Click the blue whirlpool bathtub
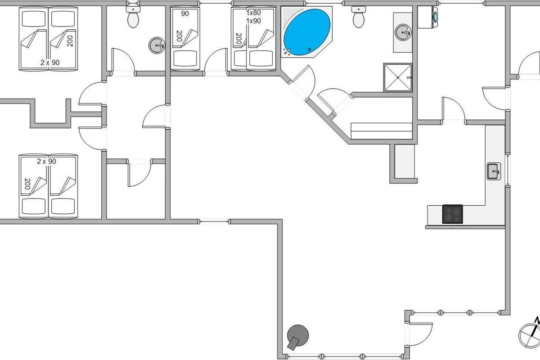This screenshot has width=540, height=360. pyautogui.click(x=306, y=32)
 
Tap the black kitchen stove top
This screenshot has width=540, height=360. pyautogui.click(x=453, y=214)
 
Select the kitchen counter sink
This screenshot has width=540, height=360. pyautogui.click(x=494, y=171)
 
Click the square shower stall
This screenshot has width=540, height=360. pyautogui.click(x=397, y=77)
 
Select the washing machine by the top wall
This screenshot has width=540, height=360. pyautogui.click(x=427, y=17)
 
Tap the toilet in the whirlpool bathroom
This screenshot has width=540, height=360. pyautogui.click(x=359, y=17)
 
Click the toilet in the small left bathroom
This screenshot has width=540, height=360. pyautogui.click(x=133, y=17)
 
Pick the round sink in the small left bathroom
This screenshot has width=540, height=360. pyautogui.click(x=157, y=45)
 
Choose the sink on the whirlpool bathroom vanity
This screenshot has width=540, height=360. pyautogui.click(x=403, y=32)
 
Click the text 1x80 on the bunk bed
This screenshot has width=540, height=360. pyautogui.click(x=254, y=13)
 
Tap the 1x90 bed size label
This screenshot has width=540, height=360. pyautogui.click(x=254, y=21)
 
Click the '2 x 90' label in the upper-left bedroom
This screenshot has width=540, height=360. pyautogui.click(x=50, y=63)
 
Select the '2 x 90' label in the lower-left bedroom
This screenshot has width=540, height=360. pyautogui.click(x=46, y=161)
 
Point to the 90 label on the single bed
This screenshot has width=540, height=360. pyautogui.click(x=185, y=13)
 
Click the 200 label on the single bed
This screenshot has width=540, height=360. pyautogui.click(x=179, y=36)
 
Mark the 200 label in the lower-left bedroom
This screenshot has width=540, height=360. pyautogui.click(x=27, y=184)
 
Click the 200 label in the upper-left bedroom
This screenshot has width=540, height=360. pyautogui.click(x=70, y=41)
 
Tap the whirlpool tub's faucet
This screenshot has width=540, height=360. pyautogui.click(x=287, y=51)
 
